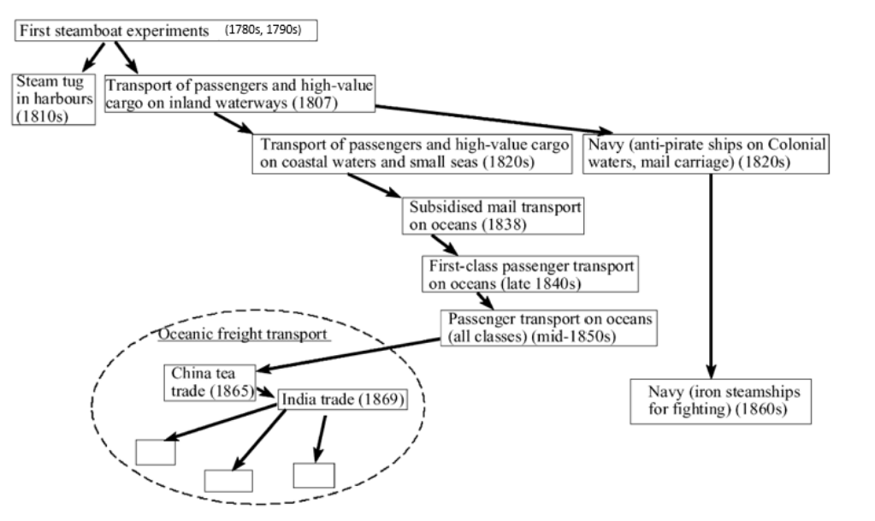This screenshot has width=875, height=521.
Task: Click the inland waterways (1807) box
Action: coord(239,94)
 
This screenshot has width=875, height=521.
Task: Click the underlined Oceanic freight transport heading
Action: coord(244,333)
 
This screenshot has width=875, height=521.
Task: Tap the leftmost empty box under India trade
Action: coord(156,451)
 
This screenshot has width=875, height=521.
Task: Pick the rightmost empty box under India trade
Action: coord(313,476)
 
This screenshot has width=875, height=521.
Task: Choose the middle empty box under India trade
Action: coord(228,481)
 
